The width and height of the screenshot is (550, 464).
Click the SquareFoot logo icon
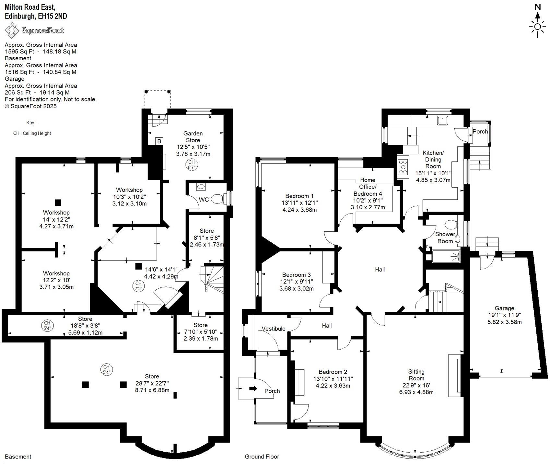pyautogui.click(x=12, y=30)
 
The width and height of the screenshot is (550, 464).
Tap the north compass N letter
pyautogui.click(x=537, y=7)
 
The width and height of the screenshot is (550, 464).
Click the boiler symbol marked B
pyautogui.click(x=159, y=141)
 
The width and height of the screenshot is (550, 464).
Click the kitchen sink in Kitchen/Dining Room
pyautogui.click(x=442, y=121)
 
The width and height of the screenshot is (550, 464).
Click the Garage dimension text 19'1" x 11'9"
pyautogui.click(x=504, y=315)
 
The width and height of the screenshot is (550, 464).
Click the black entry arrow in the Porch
pyautogui.click(x=253, y=388)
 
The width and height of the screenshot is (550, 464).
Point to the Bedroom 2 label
pyautogui.click(x=333, y=372)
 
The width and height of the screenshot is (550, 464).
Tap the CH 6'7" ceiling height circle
pyautogui.click(x=191, y=165)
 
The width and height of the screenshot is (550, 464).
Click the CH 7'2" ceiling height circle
pyautogui.click(x=138, y=286)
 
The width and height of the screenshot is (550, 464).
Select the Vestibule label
pyautogui.click(x=274, y=329)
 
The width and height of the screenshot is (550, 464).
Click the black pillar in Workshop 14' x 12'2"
pyautogui.click(x=58, y=203)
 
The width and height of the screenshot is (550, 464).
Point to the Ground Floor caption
pyautogui.click(x=262, y=457)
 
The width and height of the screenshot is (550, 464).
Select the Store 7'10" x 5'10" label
pyautogui.click(x=200, y=325)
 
